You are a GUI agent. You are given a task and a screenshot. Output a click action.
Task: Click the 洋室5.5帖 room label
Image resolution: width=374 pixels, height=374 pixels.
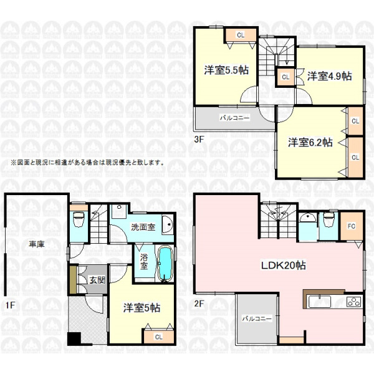pos(226,70)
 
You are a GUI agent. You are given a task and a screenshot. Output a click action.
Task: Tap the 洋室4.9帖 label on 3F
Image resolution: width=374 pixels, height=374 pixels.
pos(329,76)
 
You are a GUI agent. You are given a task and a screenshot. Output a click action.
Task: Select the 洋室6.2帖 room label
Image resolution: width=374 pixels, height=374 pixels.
pos(310,142)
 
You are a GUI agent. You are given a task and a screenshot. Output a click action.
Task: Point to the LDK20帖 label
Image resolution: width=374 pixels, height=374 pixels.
pos(284,266)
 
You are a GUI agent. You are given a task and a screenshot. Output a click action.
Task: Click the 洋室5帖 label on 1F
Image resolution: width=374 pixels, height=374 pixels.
pos(141,308)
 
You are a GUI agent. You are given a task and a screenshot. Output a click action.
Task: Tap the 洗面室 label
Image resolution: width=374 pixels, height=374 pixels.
pos(143,227)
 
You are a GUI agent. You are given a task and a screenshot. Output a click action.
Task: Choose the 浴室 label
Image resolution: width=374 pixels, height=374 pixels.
pos(144,262)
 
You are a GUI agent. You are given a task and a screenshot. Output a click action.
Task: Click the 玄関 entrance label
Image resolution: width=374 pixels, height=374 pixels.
pos(97,280)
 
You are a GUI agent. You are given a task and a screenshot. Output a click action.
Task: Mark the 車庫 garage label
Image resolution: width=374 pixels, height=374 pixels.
pos(37,244)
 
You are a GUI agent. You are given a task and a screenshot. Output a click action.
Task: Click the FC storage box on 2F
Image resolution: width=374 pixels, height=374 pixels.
pos(352,226)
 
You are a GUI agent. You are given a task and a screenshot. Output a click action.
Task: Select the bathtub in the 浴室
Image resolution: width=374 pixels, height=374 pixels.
pos(165,264)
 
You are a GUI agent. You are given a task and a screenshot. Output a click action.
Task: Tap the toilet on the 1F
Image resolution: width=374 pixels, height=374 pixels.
pos(79,219)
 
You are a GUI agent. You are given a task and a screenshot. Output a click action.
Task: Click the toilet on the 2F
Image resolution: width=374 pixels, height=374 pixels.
pos(328,219)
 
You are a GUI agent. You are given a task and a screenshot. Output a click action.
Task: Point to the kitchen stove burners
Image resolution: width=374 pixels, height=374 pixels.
pos(354,302)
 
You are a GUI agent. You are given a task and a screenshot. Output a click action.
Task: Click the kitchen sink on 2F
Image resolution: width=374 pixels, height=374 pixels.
pos(320,302)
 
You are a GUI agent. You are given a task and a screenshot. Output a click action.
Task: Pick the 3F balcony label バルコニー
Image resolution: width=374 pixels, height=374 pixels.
pos(235,118)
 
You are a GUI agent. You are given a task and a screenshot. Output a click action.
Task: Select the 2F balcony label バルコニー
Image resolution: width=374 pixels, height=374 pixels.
pos(257,319)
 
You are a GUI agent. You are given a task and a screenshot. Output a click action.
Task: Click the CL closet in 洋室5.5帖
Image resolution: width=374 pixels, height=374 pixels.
pos(241,35)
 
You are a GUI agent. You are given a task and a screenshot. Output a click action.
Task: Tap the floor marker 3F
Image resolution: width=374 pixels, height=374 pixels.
pos(199,139)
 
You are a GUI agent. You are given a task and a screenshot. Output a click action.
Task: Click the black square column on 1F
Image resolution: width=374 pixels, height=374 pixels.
pos(74,338)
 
